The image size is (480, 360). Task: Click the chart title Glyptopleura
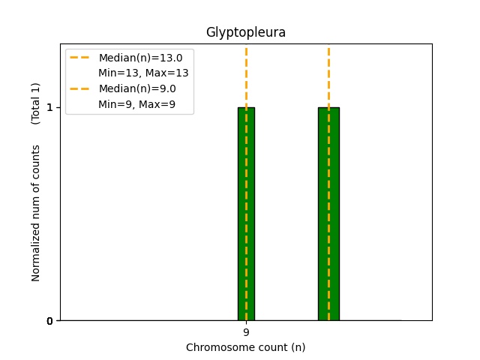tap(246, 32)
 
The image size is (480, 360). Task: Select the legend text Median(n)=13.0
tap(140, 58)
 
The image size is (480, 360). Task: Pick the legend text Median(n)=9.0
tap(137, 88)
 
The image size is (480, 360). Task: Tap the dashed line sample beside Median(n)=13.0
tap(79, 58)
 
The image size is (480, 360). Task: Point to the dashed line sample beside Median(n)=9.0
tap(79, 88)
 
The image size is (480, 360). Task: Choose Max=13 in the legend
tap(166, 73)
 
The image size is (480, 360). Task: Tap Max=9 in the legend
tap(157, 104)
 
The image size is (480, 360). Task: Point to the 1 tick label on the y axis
tap(49, 108)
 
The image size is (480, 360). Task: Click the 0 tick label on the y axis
tap(49, 321)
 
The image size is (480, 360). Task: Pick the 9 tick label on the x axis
tap(246, 332)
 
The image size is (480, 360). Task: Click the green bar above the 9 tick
tap(246, 214)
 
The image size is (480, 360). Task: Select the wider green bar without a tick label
tap(328, 214)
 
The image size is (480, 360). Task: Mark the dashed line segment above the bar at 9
tap(246, 78)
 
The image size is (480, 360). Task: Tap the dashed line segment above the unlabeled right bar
tap(328, 78)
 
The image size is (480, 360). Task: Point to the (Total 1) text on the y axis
tap(35, 103)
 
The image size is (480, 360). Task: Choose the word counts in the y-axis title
tap(35, 160)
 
